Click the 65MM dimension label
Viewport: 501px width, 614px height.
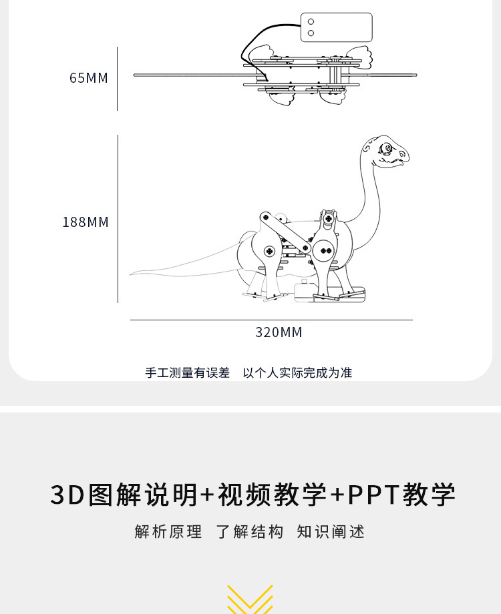tap(88, 78)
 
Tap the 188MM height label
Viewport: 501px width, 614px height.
tap(86, 222)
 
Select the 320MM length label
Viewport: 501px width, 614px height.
tap(279, 332)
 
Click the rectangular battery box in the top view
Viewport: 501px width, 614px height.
tap(336, 27)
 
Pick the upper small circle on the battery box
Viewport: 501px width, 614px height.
tap(311, 22)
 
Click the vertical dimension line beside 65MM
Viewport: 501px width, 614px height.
tap(118, 78)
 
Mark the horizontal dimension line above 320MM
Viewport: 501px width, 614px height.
tap(271, 320)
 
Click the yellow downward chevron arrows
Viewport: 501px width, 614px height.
tap(250, 599)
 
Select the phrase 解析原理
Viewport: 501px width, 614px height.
tap(168, 532)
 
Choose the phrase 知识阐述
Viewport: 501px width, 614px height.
tap(331, 532)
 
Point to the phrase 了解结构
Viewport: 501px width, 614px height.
tap(250, 532)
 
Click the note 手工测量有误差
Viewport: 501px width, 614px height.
tap(188, 373)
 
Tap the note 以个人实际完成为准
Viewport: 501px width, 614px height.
tap(297, 373)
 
